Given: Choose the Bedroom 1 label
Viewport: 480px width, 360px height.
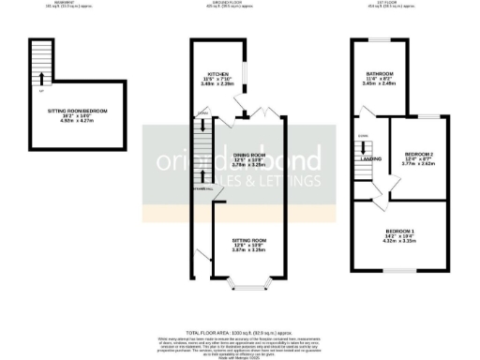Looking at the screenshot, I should (402, 231).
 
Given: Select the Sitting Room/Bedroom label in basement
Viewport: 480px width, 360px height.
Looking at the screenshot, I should (79, 111).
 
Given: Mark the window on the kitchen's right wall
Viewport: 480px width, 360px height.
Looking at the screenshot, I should (247, 73).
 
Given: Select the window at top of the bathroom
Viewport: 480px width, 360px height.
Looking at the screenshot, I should (380, 40).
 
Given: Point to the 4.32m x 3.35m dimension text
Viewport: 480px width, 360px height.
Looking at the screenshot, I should (402, 242).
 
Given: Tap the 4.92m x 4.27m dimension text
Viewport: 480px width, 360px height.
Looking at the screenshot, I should (79, 122).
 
